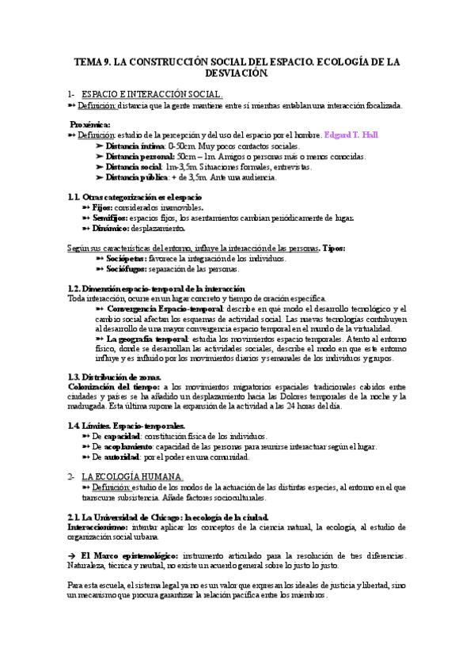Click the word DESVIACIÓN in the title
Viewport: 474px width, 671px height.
pyautogui.click(x=237, y=73)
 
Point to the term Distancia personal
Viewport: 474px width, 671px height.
pyautogui.click(x=138, y=157)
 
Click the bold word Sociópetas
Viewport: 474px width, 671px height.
pyautogui.click(x=128, y=259)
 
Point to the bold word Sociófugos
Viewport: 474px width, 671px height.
pyautogui.click(x=128, y=269)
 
